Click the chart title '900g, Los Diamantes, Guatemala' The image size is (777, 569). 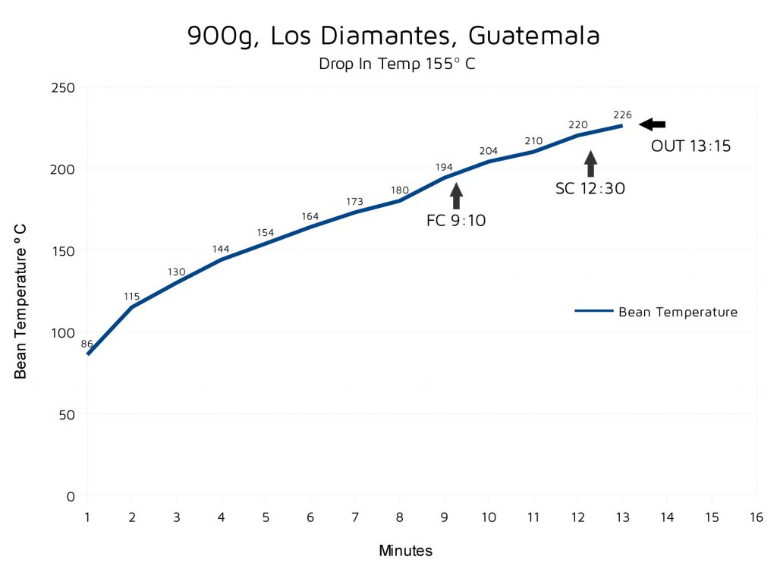point(394,36)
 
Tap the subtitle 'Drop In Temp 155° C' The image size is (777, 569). point(398,64)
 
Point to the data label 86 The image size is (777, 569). point(87,344)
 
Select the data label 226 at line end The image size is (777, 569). point(622,115)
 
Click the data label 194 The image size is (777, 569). point(444,167)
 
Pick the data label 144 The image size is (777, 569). point(221,249)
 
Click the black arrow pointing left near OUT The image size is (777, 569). point(652,124)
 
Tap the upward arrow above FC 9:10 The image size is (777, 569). point(456,196)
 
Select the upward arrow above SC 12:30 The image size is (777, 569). point(590,164)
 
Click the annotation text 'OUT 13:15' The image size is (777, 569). point(690,146)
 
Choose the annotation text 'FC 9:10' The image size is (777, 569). point(455,222)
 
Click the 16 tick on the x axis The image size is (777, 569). point(756,517)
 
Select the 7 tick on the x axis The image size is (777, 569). point(354,517)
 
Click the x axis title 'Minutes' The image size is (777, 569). point(405,551)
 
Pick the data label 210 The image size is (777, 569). point(533,141)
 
